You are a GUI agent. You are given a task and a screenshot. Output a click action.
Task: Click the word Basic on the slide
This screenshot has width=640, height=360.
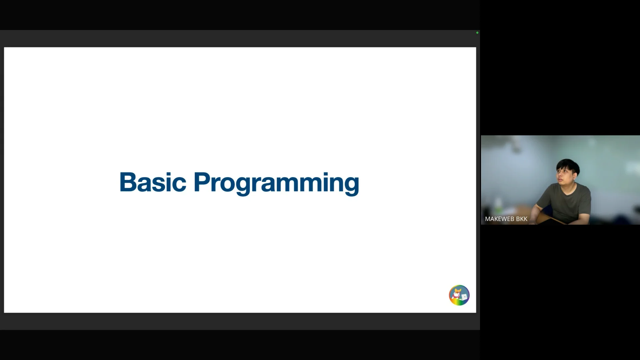tap(153, 182)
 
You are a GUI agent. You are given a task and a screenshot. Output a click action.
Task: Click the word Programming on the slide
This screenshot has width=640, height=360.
tap(276, 183)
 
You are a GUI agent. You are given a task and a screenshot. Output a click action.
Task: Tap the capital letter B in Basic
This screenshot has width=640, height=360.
tap(127, 182)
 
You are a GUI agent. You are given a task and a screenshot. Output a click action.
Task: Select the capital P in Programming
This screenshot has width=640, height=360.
tap(202, 182)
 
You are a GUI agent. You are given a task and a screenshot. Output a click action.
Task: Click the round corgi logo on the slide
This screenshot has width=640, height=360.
tap(459, 295)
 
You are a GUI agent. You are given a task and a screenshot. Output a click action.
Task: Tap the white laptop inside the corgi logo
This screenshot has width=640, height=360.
tap(464, 296)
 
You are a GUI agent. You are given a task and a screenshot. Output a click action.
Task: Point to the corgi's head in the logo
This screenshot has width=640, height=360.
tap(458, 292)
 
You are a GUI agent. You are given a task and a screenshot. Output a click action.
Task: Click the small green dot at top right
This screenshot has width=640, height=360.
tap(477, 33)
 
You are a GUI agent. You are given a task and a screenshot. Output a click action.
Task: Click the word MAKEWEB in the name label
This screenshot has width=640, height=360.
tap(499, 219)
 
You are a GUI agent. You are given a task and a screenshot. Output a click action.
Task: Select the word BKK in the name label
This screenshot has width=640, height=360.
tap(522, 219)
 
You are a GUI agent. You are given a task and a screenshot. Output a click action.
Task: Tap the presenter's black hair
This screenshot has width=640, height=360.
tap(568, 165)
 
